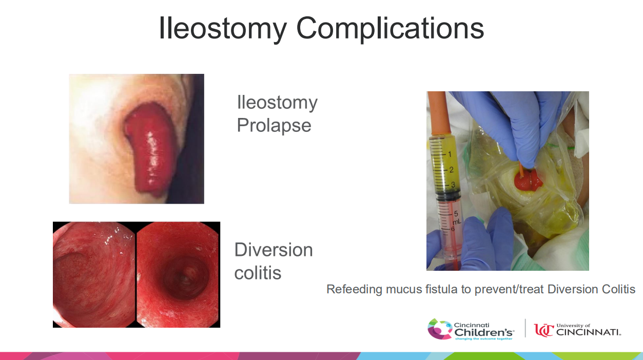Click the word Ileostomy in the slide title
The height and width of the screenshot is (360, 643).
[223, 29]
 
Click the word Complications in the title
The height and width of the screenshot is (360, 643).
[390, 29]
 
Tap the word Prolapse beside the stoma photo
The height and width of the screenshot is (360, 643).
[274, 125]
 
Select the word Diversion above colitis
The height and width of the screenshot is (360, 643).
[274, 250]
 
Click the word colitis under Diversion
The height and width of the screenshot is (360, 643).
[258, 272]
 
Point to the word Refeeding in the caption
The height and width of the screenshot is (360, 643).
[354, 289]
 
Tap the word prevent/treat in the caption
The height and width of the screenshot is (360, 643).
[509, 289]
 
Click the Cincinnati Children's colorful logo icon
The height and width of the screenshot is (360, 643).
[439, 329]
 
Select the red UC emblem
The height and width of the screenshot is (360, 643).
[543, 330]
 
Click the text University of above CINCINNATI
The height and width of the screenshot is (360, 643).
[573, 326]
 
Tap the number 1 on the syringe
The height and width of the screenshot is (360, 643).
[450, 154]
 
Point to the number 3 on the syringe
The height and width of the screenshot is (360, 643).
[453, 185]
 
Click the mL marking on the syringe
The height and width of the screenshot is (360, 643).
[457, 222]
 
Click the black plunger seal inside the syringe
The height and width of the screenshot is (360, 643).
[448, 195]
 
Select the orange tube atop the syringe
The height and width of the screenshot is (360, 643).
[439, 113]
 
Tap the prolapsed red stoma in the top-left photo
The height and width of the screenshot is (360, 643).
[149, 149]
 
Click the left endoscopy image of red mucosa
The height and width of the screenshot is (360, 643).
[93, 274]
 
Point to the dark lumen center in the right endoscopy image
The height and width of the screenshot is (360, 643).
[185, 277]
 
